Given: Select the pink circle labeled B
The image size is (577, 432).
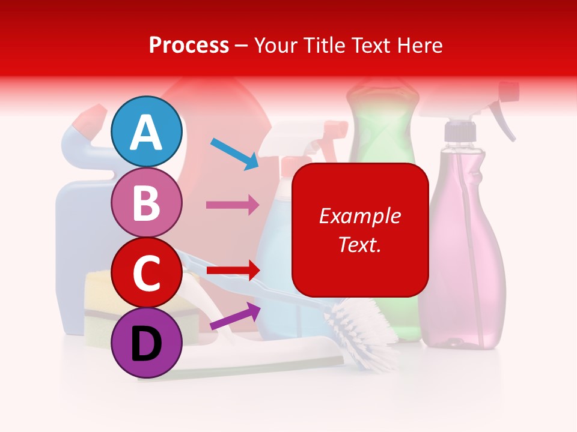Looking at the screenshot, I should click(x=146, y=202).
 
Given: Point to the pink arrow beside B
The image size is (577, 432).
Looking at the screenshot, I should click(x=233, y=205).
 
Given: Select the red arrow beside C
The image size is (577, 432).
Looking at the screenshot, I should click(x=233, y=270).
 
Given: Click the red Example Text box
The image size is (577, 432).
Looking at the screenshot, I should click(x=360, y=230).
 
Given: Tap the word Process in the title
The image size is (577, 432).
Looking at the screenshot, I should click(x=189, y=45).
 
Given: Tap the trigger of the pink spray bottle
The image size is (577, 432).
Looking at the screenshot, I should click(x=502, y=120).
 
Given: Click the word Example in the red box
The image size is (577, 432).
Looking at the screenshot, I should click(x=359, y=216).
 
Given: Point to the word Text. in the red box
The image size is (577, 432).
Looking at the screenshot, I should click(x=359, y=244).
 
